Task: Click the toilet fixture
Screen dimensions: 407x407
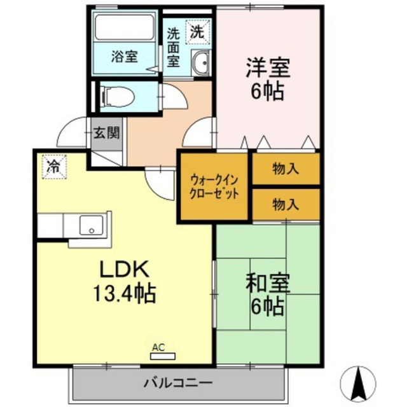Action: click(119, 97)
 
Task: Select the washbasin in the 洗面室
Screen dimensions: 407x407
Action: click(200, 63)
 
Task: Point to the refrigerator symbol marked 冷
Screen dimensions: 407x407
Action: click(54, 167)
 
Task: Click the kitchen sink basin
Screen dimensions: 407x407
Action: click(91, 225)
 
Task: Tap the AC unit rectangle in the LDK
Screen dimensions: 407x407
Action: click(163, 356)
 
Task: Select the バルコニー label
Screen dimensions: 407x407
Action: click(178, 383)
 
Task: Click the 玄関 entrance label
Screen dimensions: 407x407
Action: click(107, 133)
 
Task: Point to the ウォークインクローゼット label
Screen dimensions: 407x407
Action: click(214, 186)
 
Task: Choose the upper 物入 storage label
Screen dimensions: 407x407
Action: click(286, 169)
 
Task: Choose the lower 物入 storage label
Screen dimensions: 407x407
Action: click(286, 204)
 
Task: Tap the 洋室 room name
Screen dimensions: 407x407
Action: click(268, 67)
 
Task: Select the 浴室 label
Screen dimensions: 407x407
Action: click(125, 57)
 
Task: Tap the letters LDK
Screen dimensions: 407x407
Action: click(125, 269)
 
